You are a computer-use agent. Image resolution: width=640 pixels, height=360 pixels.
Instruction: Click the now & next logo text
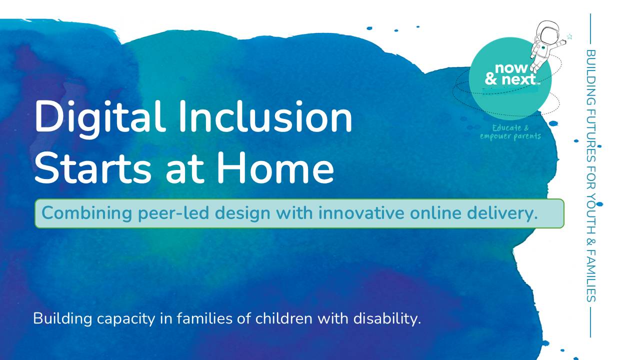[511, 74]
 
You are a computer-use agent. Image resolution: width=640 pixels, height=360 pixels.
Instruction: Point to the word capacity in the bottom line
[126, 319]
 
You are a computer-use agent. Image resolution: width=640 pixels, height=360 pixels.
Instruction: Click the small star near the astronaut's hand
[569, 37]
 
